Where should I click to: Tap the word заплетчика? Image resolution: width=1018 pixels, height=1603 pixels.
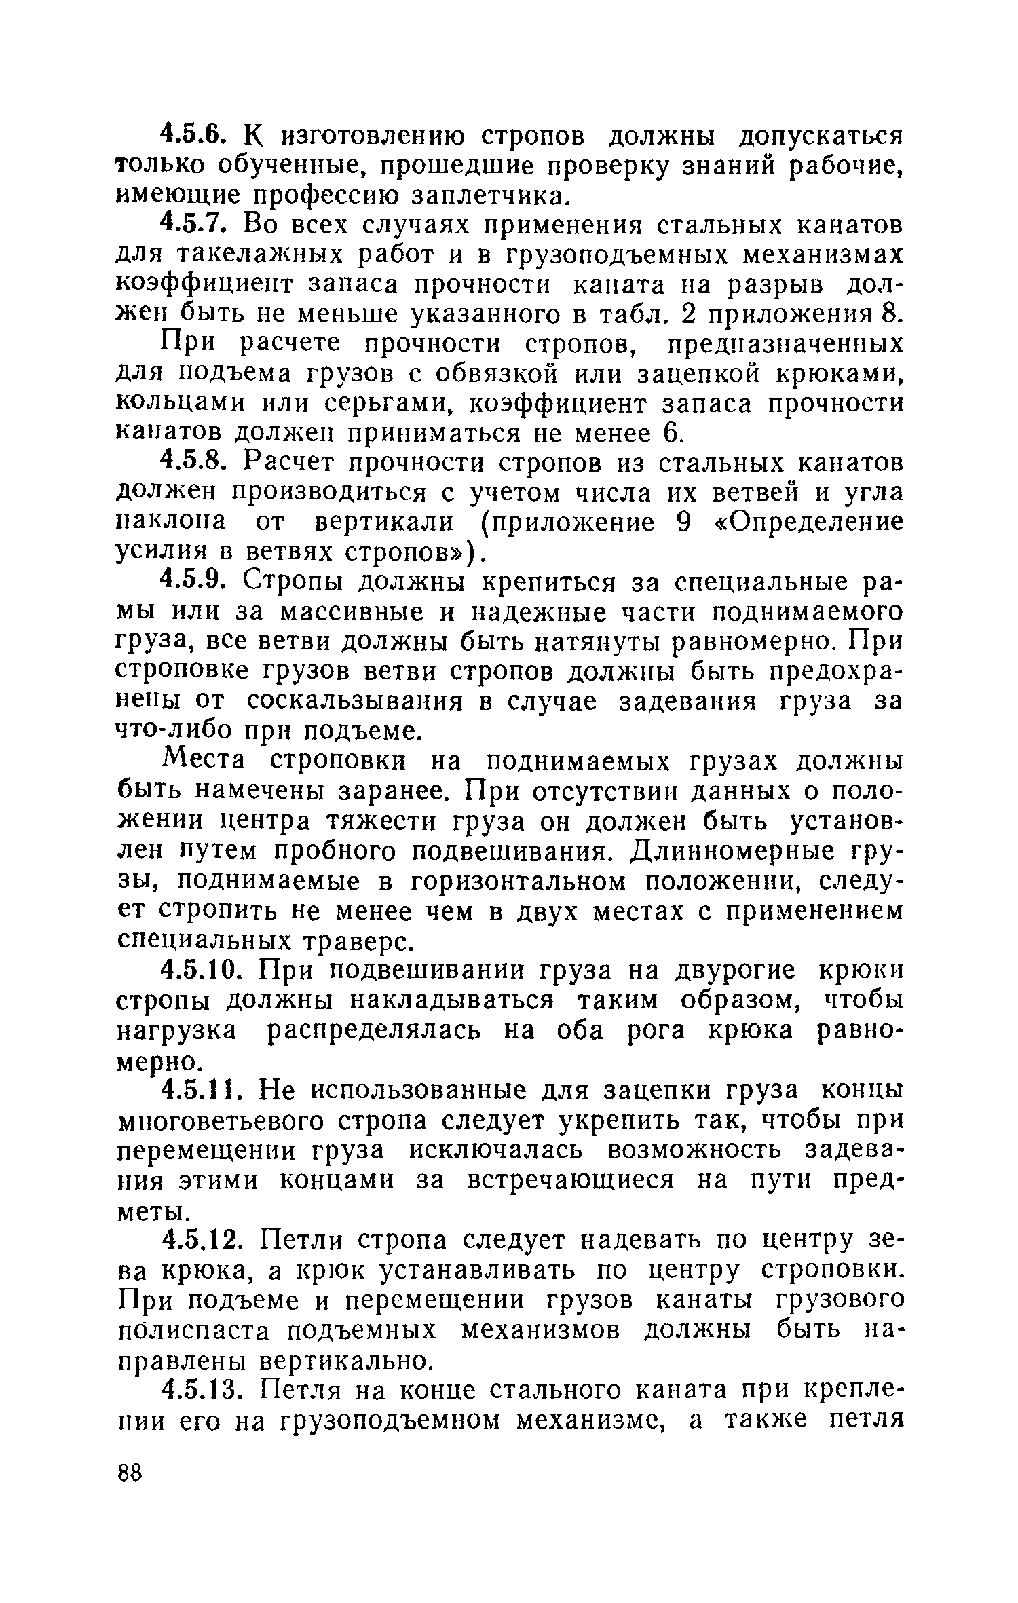488,197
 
